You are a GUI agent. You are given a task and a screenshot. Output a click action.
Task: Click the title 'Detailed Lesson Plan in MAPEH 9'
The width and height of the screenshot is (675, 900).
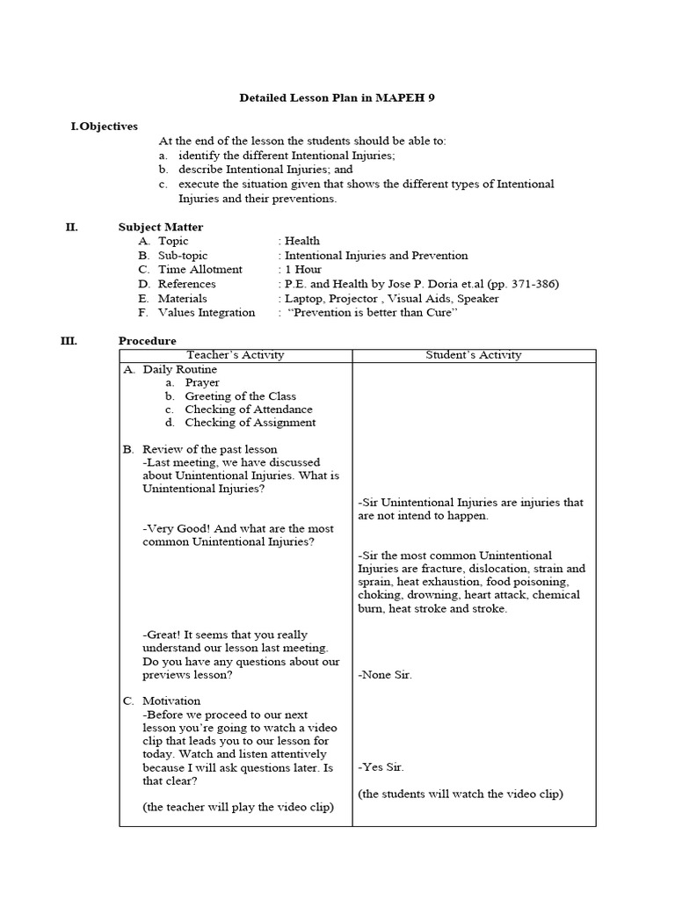[337, 98]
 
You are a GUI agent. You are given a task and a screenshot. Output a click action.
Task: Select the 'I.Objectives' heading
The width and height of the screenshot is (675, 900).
[104, 127]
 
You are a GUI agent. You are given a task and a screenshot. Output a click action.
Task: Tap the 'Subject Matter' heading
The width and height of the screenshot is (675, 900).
[161, 227]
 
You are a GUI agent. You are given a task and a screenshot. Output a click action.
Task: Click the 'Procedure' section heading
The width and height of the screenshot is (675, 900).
[147, 341]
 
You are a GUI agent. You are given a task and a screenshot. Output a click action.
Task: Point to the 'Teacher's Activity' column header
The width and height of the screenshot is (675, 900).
[236, 355]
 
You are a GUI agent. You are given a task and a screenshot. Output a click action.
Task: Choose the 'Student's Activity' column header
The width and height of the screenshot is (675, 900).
[473, 355]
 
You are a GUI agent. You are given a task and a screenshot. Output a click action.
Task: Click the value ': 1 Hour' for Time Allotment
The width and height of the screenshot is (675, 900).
[300, 269]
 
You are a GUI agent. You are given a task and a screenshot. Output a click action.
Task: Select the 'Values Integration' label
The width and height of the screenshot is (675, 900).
[206, 312]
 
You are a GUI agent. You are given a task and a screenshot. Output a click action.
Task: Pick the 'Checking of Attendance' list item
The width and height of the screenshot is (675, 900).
[248, 409]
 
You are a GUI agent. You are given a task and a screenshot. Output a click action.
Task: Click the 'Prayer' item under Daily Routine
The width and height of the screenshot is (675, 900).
[202, 382]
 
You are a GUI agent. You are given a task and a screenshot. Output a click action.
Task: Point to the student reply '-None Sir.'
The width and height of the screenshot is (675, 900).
[385, 675]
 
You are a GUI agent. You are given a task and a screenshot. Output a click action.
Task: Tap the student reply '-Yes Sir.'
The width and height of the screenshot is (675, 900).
[381, 767]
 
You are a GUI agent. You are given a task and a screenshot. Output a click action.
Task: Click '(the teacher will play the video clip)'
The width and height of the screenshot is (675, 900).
[238, 807]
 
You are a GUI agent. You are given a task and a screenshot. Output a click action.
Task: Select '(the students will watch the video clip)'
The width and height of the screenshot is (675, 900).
[461, 794]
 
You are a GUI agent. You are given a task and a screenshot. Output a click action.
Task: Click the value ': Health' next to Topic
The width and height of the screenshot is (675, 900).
[300, 241]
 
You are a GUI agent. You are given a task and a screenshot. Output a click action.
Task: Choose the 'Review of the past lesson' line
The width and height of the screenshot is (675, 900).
[209, 449]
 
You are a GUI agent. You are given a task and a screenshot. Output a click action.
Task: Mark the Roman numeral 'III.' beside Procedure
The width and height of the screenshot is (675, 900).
[70, 341]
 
